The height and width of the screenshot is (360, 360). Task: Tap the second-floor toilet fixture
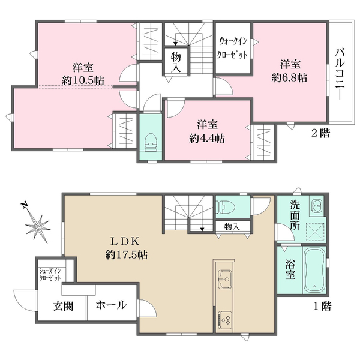click(x=151, y=143)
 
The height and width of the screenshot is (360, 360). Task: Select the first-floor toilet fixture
click(x=226, y=206)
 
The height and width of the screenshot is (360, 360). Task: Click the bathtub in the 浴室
click(x=314, y=271)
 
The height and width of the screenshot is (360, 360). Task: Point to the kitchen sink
click(x=225, y=279)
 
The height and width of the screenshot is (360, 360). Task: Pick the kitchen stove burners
click(x=225, y=320)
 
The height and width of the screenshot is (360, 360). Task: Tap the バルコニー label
click(x=340, y=74)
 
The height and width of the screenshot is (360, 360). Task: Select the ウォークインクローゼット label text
click(x=232, y=48)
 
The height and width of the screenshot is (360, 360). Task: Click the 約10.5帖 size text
click(x=83, y=80)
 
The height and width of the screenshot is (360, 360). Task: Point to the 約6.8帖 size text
click(x=289, y=78)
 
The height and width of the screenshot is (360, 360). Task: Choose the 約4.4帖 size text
click(x=207, y=139)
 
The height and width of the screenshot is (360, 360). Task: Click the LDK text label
click(x=125, y=241)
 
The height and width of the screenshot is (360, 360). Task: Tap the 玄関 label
click(x=64, y=306)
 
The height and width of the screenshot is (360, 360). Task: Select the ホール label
click(x=111, y=305)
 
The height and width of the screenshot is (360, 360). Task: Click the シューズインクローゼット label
click(x=50, y=274)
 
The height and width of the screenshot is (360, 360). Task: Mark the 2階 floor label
click(x=320, y=133)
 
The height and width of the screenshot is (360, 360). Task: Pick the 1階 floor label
click(x=322, y=306)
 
